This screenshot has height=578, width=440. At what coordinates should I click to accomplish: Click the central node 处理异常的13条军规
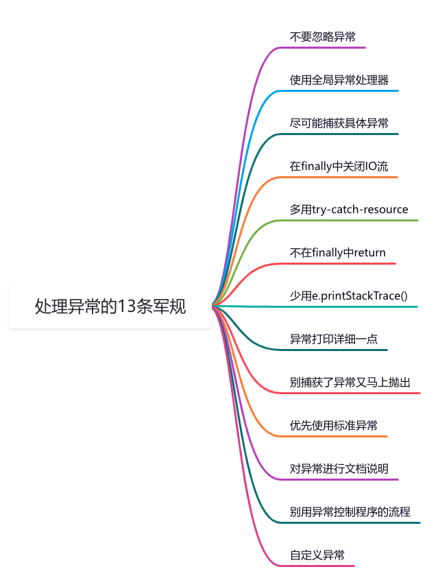110,306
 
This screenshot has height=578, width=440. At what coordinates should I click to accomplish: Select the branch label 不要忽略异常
322,37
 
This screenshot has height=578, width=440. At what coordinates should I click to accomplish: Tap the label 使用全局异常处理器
339,80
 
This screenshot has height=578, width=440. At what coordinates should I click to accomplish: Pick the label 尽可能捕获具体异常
339,123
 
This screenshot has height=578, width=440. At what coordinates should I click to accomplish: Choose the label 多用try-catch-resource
349,210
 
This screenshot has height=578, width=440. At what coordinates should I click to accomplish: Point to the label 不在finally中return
337,253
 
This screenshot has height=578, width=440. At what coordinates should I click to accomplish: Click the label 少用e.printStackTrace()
348,296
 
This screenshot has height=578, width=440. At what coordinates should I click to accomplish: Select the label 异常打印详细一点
333,339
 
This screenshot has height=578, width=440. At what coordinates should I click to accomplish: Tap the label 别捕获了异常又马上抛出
350,383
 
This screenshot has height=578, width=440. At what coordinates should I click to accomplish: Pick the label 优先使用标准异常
333,426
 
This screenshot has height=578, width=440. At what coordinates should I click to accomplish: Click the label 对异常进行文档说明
339,469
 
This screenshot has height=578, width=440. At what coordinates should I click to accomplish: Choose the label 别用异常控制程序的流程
350,512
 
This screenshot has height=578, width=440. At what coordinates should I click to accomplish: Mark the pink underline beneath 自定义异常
322,566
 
